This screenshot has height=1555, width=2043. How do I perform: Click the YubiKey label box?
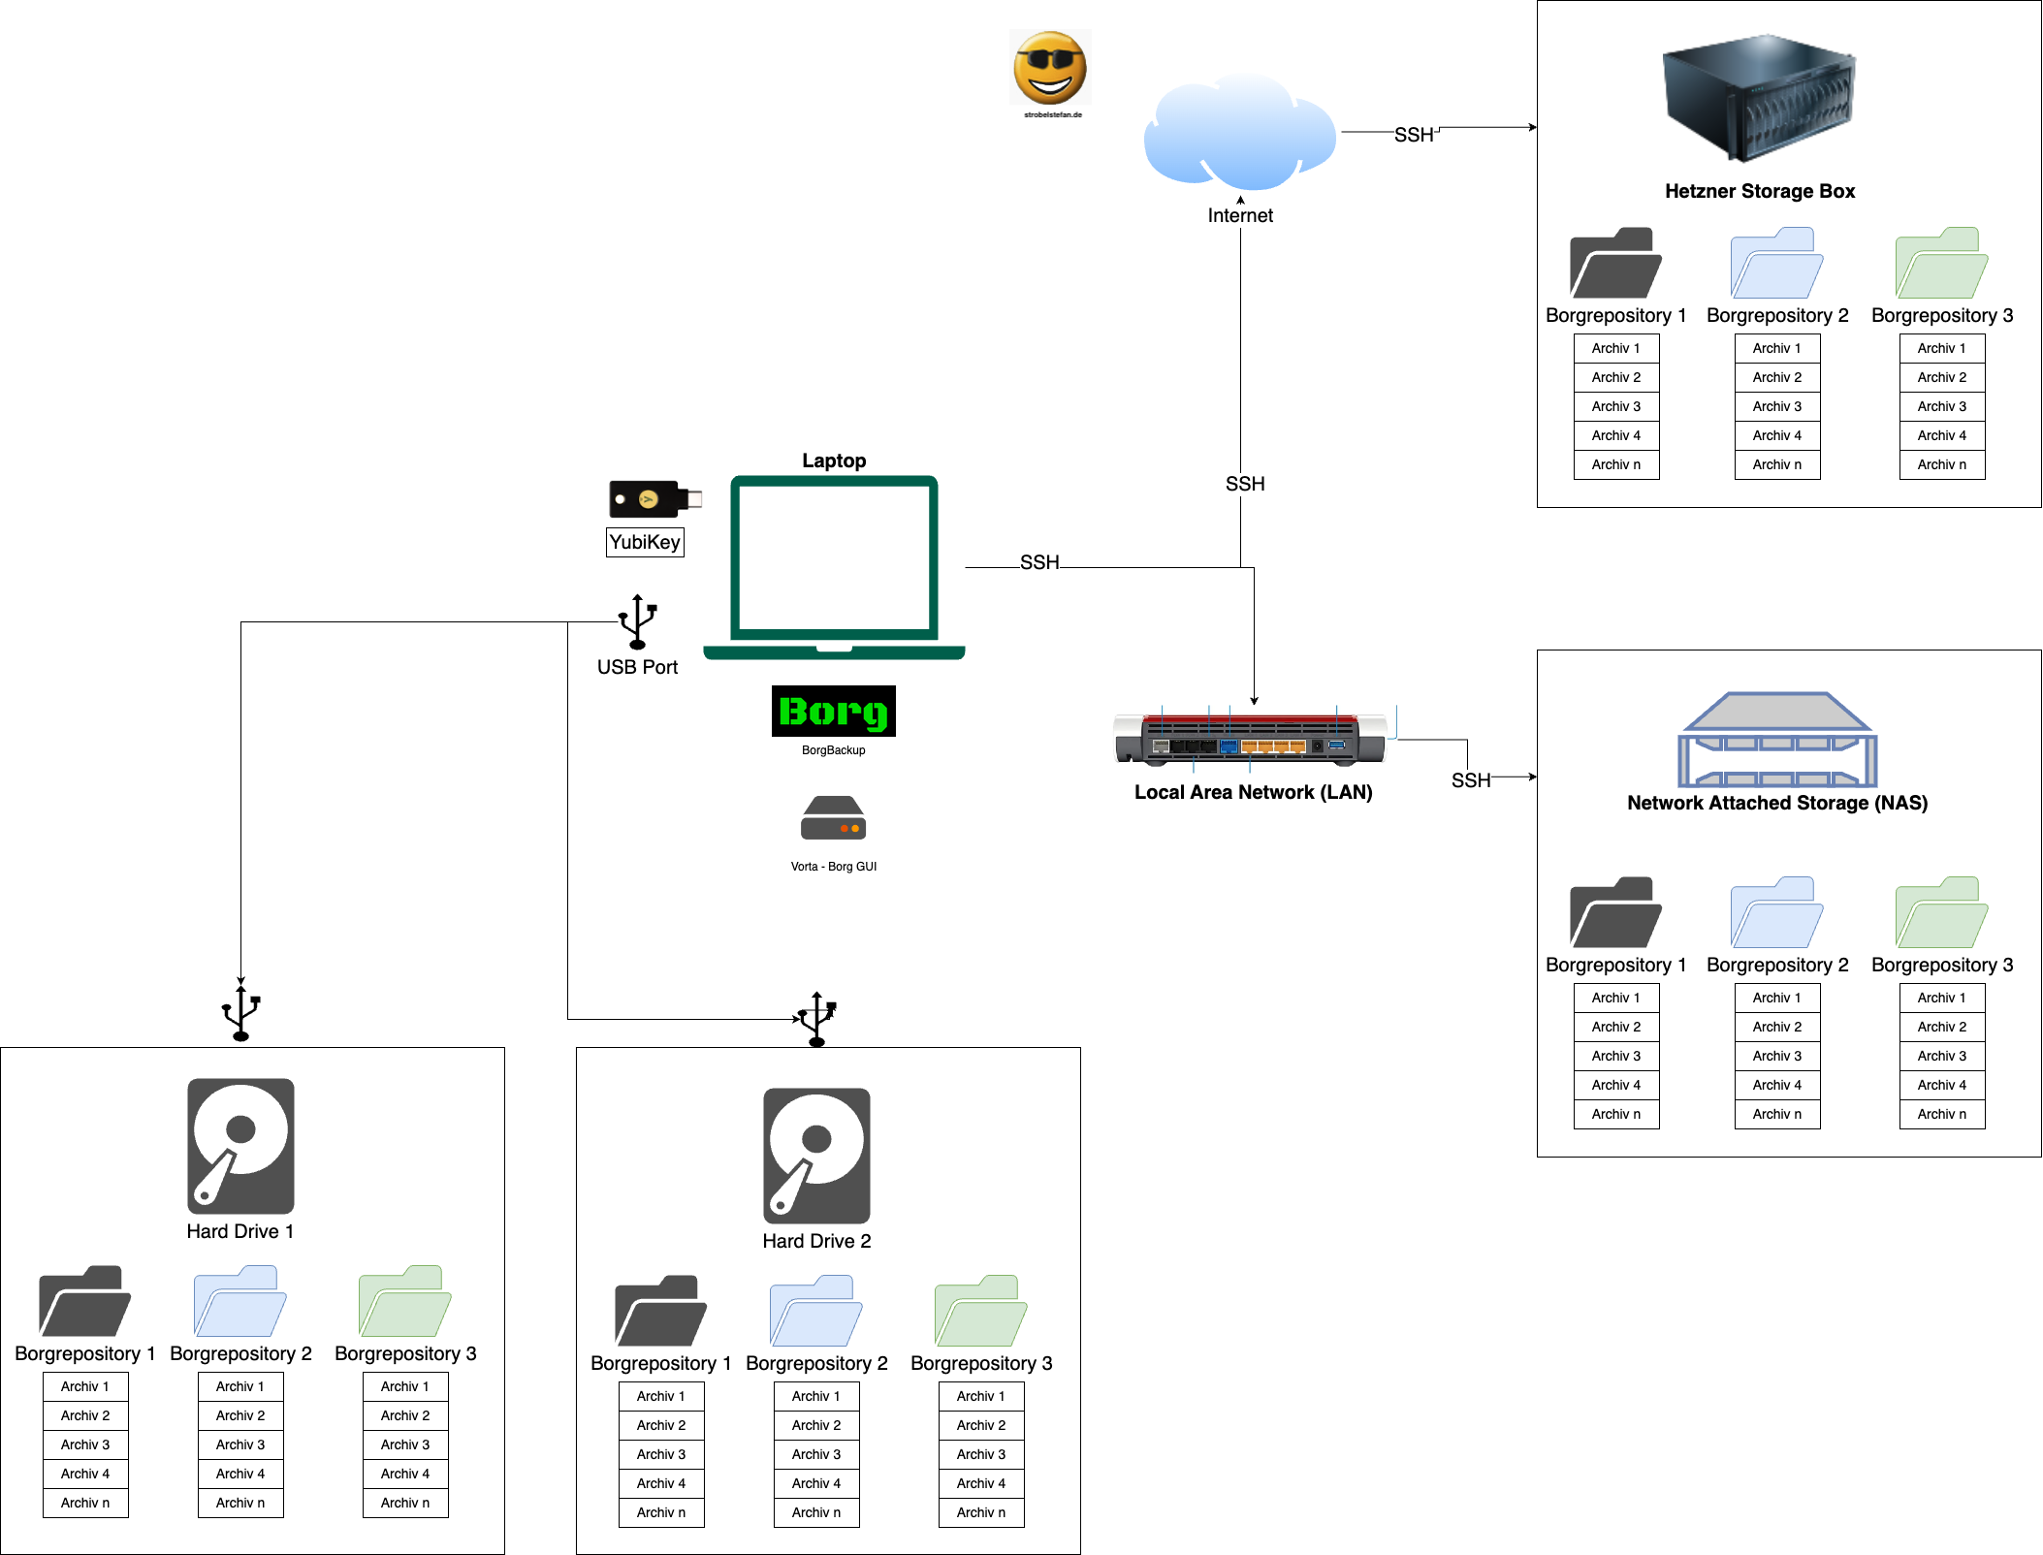[645, 542]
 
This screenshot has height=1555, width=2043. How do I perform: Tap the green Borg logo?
[833, 712]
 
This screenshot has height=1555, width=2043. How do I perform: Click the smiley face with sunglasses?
[1050, 68]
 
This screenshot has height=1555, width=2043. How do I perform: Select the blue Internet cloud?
[1240, 134]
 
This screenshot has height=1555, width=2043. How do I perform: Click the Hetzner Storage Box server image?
[1759, 97]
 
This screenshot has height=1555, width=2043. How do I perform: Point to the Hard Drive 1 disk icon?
[240, 1146]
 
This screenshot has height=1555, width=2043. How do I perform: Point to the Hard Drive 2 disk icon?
[816, 1156]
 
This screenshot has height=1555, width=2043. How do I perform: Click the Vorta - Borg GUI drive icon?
[833, 818]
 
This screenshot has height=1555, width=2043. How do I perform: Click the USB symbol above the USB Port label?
[638, 621]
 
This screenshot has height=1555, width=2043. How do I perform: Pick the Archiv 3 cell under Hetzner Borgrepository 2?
[1777, 406]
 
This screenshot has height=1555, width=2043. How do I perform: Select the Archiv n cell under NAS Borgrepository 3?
[1942, 1114]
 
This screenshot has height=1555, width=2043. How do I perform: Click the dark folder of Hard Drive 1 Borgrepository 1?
[84, 1301]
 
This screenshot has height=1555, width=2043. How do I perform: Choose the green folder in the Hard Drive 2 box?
[980, 1311]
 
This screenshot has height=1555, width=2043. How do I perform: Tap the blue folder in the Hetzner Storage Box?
[1776, 264]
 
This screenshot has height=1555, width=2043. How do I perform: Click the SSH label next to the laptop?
[1039, 562]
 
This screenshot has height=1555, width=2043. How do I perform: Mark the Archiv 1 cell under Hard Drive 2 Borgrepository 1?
[661, 1396]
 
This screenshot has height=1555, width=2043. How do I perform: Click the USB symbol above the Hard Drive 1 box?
[240, 1013]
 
